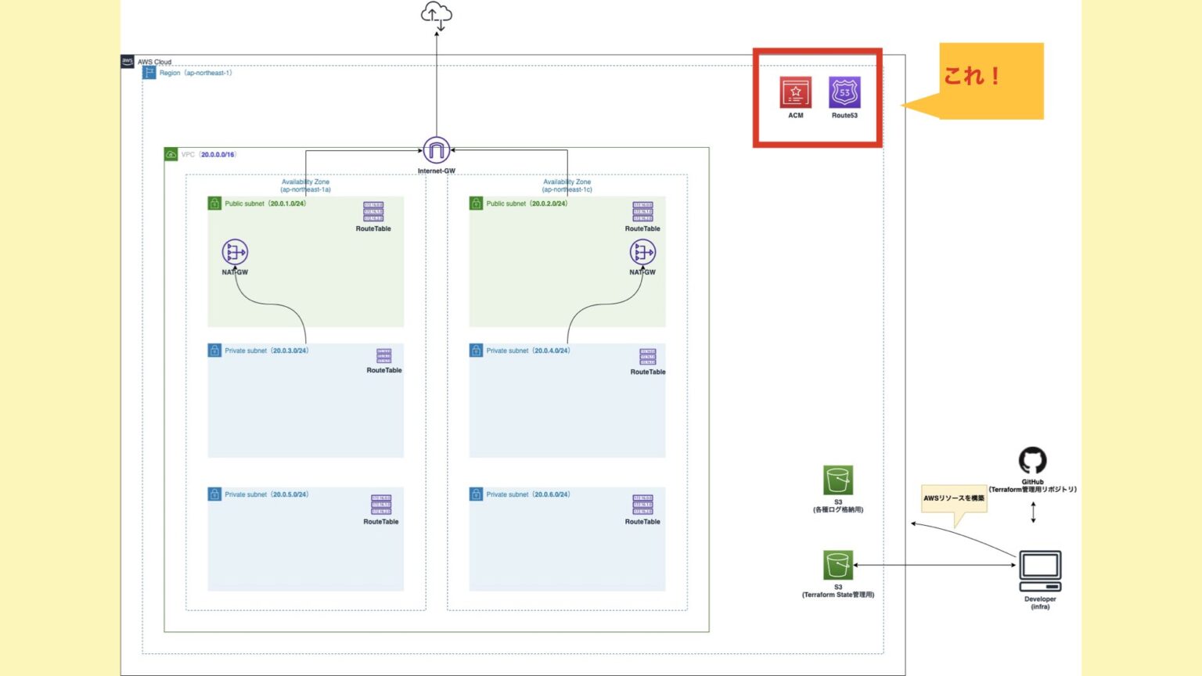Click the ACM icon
pyautogui.click(x=795, y=92)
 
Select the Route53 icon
pyautogui.click(x=844, y=92)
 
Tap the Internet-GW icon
pyautogui.click(x=436, y=150)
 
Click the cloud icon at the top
pyautogui.click(x=436, y=15)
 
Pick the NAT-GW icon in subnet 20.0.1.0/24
pyautogui.click(x=235, y=253)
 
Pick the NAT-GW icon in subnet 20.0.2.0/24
pyautogui.click(x=642, y=253)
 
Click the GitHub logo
pyautogui.click(x=1032, y=461)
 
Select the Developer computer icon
pyautogui.click(x=1040, y=572)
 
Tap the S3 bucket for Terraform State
pyautogui.click(x=837, y=565)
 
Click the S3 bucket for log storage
pyautogui.click(x=837, y=480)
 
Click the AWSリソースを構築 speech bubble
pyautogui.click(x=953, y=498)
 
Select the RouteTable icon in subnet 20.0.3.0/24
pyautogui.click(x=383, y=357)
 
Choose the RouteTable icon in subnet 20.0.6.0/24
pyautogui.click(x=642, y=505)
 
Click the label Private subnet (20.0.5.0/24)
pyautogui.click(x=266, y=494)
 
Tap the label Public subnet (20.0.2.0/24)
pyautogui.click(x=526, y=203)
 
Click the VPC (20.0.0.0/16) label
pyautogui.click(x=208, y=155)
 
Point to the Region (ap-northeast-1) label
pyautogui.click(x=195, y=73)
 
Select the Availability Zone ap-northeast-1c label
pyautogui.click(x=567, y=185)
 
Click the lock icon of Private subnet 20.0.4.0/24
pyautogui.click(x=476, y=351)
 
